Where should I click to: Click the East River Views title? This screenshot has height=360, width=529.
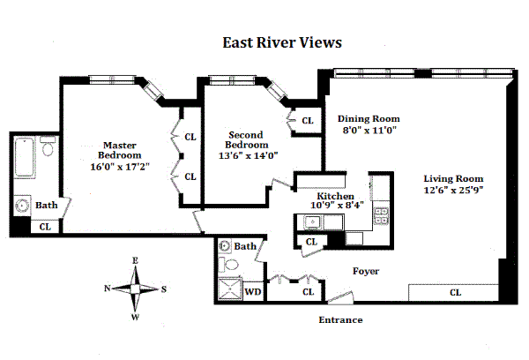(x=279, y=42)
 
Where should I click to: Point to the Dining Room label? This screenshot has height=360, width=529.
(x=370, y=118)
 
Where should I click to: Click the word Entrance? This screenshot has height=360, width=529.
(x=340, y=319)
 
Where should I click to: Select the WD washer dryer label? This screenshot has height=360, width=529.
(x=252, y=290)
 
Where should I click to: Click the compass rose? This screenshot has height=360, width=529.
(x=136, y=289)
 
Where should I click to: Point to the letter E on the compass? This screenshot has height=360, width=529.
(x=136, y=260)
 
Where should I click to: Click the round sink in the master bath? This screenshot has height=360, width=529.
(x=22, y=206)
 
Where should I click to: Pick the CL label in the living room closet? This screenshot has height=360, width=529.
(x=455, y=292)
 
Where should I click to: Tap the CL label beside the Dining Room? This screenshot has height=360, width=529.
(x=308, y=121)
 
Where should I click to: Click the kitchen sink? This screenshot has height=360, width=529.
(x=312, y=222)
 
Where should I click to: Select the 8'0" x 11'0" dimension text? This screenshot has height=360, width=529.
(x=370, y=130)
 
